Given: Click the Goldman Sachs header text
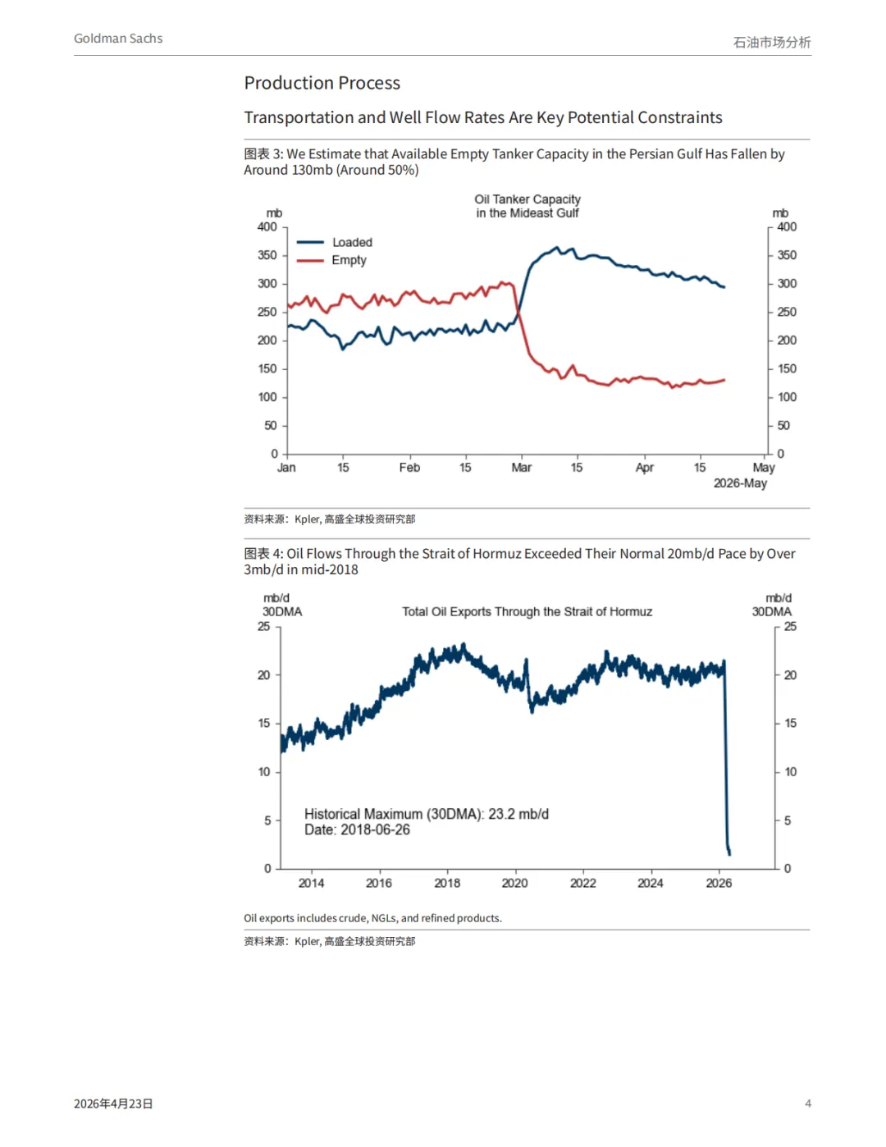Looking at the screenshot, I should point(118,39).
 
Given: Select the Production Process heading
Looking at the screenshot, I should point(322,83).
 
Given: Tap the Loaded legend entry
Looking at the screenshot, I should point(352,242).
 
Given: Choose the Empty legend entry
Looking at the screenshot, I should point(349,260).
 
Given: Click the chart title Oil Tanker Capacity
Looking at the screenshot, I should point(527,199).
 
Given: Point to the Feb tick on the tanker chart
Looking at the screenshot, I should point(409,468).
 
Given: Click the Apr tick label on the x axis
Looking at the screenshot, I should point(645,468).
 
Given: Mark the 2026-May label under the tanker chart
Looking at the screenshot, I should point(740,483).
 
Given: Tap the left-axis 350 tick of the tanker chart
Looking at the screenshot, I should point(267,255).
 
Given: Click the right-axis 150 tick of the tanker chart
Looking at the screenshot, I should point(787,369).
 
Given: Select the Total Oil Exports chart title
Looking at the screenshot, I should point(527,612).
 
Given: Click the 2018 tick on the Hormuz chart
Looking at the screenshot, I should point(447,884).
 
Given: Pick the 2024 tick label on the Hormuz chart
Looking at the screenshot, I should point(651,884).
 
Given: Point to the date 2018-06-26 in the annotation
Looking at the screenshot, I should point(375,830).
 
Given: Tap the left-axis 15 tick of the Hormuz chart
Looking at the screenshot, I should point(264,724).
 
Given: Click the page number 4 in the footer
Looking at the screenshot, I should point(808,1104).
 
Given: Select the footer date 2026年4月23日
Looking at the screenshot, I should point(113,1104).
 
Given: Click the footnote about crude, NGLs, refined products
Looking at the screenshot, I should point(372,918).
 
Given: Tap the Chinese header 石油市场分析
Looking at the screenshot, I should point(771,42).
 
